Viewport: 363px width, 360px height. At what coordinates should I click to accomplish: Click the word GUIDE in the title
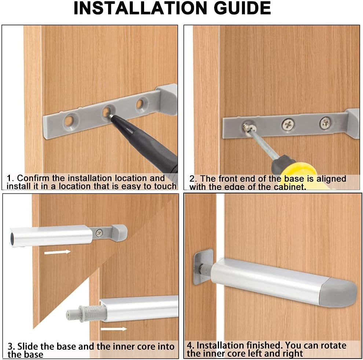click(238, 8)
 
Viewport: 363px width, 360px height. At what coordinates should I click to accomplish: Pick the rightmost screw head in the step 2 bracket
click(325, 123)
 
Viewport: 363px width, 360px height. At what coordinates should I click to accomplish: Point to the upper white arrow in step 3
click(57, 252)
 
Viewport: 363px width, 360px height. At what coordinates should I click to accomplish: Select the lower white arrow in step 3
click(114, 329)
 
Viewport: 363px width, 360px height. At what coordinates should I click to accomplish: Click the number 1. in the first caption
click(11, 178)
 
